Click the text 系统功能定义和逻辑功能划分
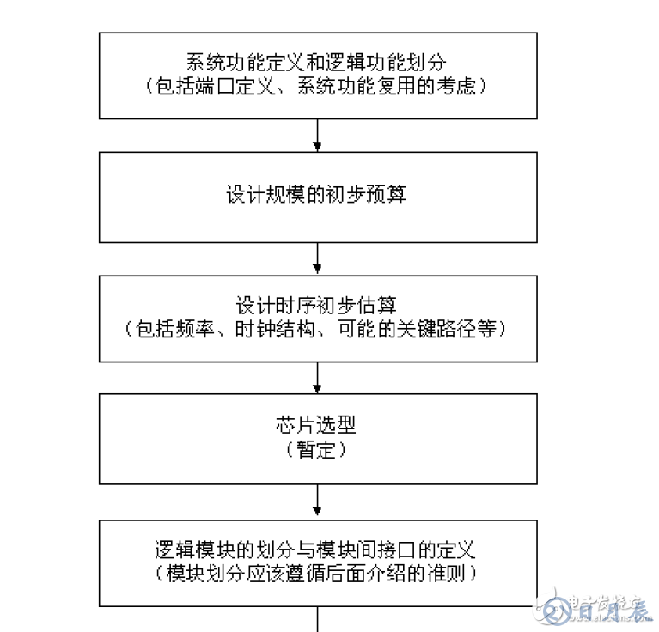[317, 63]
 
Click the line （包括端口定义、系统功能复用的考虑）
[317, 87]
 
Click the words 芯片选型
[317, 426]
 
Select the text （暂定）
[317, 450]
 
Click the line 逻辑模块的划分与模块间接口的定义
[317, 549]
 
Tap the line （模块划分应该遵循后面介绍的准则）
[317, 573]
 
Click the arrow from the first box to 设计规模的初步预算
[318, 136]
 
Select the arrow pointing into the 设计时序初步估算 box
[318, 258]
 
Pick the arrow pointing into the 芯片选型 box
[318, 378]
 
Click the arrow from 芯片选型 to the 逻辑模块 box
[318, 501]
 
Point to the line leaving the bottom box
[318, 620]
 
